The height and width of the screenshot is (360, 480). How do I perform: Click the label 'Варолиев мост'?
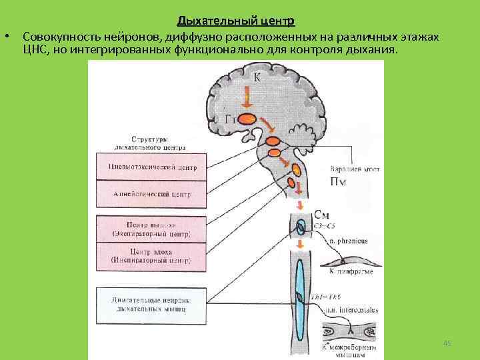(x=355, y=170)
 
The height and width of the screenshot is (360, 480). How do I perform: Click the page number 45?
(x=447, y=343)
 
